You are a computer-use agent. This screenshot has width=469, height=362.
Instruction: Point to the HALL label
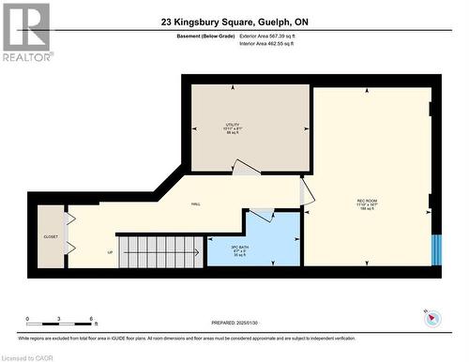click(x=196, y=204)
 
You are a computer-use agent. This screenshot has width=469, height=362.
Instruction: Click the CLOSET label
click(x=51, y=238)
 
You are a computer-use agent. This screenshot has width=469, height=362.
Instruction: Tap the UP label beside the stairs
click(x=110, y=252)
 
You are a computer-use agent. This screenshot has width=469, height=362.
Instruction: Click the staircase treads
click(x=161, y=251)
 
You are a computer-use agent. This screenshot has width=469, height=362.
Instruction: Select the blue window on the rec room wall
click(x=434, y=249)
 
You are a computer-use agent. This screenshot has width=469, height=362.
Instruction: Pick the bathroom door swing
click(x=261, y=216)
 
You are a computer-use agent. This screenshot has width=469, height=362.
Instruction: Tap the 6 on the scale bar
click(x=91, y=319)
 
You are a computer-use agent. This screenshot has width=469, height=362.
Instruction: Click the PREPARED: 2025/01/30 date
click(x=234, y=322)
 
